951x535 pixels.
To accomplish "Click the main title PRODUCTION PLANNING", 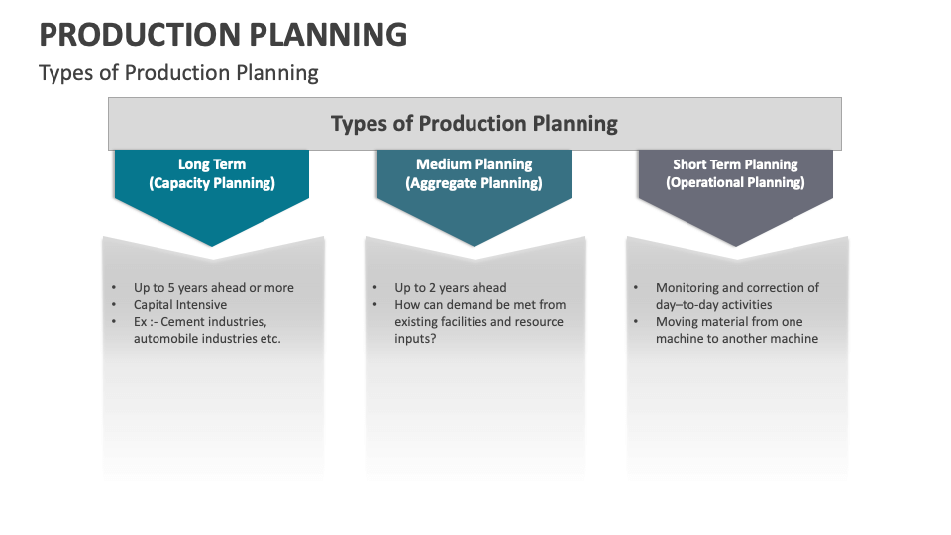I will point(223,34).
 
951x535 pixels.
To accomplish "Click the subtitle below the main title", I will point(178,73).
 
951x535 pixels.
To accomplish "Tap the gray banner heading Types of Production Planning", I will point(474,124).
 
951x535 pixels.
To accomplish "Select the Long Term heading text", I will point(212,164).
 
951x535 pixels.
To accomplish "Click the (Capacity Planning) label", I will point(212,183).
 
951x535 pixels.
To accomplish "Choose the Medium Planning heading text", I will point(474,164).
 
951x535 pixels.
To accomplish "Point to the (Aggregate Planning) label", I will point(474,183).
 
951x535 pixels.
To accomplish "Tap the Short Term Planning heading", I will point(735,164).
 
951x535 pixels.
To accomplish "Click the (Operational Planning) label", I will point(735,183).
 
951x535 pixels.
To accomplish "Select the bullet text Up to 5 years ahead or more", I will point(214,288).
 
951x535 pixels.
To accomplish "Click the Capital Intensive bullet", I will point(180,305).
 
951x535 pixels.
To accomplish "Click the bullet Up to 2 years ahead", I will point(451,288).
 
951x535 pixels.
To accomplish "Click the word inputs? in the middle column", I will point(415,339).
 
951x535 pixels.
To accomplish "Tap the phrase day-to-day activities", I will point(713,305).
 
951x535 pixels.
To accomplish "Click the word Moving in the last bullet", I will point(678,322).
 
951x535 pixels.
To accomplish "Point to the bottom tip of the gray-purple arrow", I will point(735,245).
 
